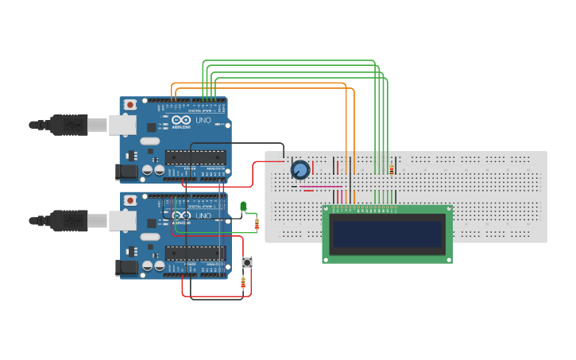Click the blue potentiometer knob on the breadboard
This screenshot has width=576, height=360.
300,170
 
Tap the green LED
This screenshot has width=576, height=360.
243,207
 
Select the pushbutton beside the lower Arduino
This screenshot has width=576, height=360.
247,262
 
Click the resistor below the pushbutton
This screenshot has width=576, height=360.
243,281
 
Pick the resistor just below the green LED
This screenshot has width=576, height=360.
256,225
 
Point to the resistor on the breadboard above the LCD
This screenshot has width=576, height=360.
392,168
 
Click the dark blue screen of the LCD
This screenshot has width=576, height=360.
387,234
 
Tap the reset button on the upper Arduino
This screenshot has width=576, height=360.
130,104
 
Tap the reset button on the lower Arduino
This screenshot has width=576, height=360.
130,199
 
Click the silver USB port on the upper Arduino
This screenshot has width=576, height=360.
122,124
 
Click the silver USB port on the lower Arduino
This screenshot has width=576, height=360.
122,219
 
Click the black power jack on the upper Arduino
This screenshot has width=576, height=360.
126,171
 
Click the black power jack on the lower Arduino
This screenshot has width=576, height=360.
126,268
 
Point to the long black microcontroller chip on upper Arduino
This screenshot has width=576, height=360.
195,158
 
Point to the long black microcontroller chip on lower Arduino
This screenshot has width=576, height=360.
195,254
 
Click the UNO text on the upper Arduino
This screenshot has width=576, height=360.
203,120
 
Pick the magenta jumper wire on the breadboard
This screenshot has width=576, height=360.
321,187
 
